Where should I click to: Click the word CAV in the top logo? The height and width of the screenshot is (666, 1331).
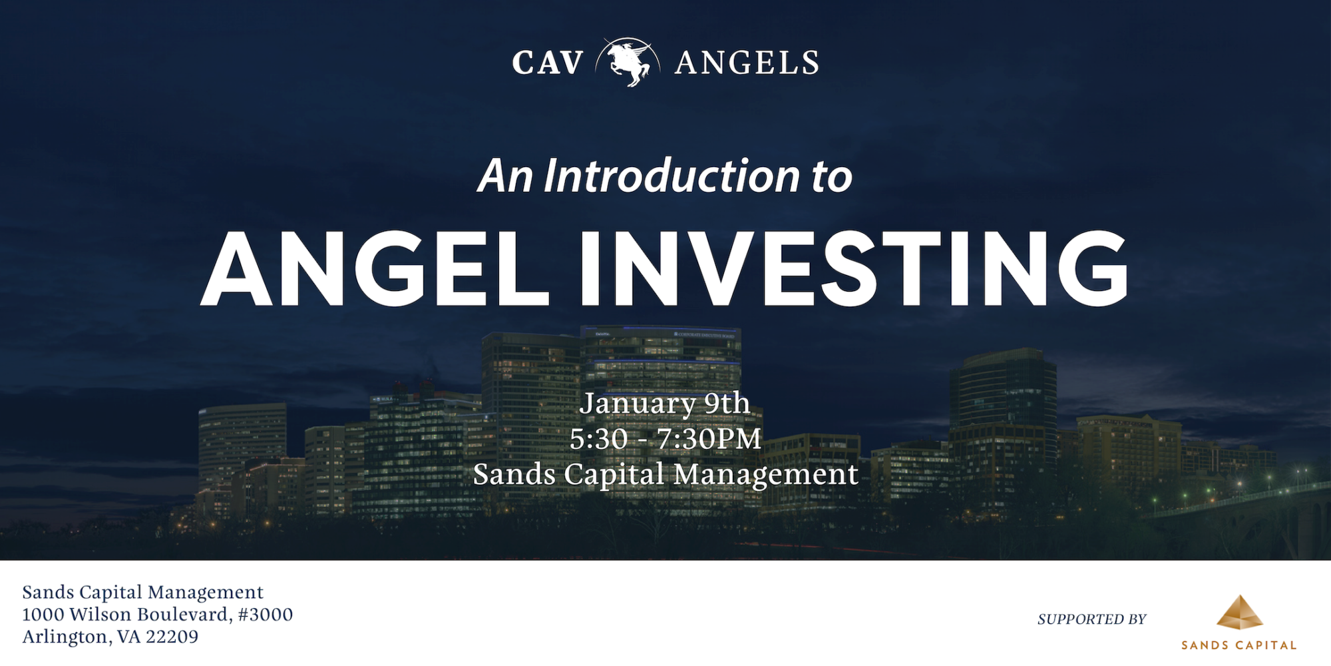click(x=547, y=63)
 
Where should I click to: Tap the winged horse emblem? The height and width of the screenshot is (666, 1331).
click(x=628, y=62)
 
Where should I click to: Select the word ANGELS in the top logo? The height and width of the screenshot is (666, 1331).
click(x=747, y=63)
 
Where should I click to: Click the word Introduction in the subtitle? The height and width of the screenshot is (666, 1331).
click(x=671, y=176)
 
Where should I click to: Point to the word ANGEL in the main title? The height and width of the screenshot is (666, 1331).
click(x=375, y=269)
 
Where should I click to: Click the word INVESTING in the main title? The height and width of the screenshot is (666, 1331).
click(x=854, y=269)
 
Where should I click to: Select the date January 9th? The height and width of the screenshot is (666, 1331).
click(x=665, y=404)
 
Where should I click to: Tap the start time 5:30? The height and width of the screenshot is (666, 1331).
click(x=598, y=439)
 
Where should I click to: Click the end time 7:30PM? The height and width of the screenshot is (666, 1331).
click(x=709, y=439)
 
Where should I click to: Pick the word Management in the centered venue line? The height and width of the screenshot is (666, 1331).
click(x=765, y=475)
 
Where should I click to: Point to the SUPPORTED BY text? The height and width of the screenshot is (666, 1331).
click(x=1091, y=619)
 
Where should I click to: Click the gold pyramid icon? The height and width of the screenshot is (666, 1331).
click(x=1239, y=613)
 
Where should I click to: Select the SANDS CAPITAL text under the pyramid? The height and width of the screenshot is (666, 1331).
click(x=1239, y=645)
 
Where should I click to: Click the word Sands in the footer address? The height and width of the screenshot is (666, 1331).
click(x=49, y=592)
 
